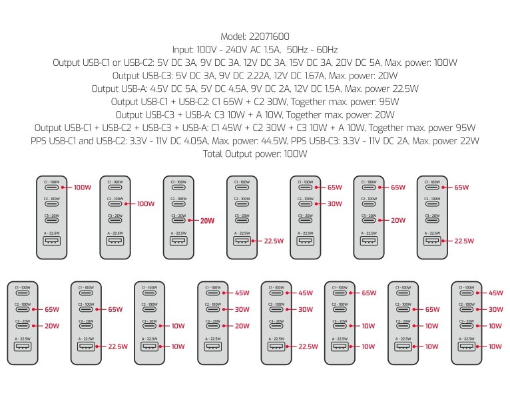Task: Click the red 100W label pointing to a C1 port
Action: point(82,188)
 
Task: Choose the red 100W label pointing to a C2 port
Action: point(145,204)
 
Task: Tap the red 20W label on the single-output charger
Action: point(208,221)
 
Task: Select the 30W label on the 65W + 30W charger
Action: point(334,204)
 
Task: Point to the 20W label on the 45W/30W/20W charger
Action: point(243,326)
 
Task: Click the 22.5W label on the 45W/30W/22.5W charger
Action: point(308,346)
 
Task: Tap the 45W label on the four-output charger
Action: point(495,293)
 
